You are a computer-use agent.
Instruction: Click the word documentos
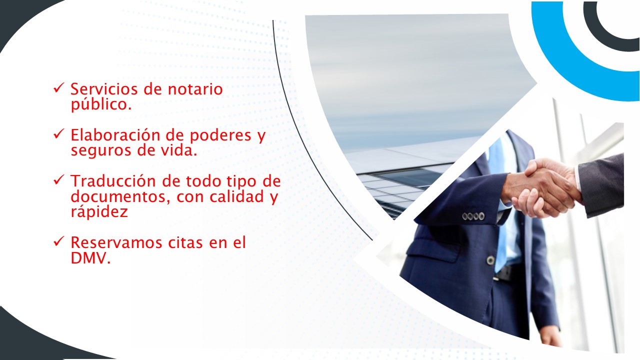(118, 196)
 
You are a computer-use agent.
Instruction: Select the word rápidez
(99, 212)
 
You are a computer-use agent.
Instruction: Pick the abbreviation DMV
(90, 258)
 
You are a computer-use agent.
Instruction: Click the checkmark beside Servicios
(58, 88)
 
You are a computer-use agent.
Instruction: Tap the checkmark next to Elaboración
(58, 134)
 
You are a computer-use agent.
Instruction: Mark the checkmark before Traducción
(58, 180)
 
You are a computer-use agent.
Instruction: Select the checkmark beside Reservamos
(58, 241)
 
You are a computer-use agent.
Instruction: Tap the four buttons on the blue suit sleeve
(473, 216)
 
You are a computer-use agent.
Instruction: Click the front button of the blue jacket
(490, 260)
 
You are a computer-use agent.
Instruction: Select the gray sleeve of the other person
(602, 185)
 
